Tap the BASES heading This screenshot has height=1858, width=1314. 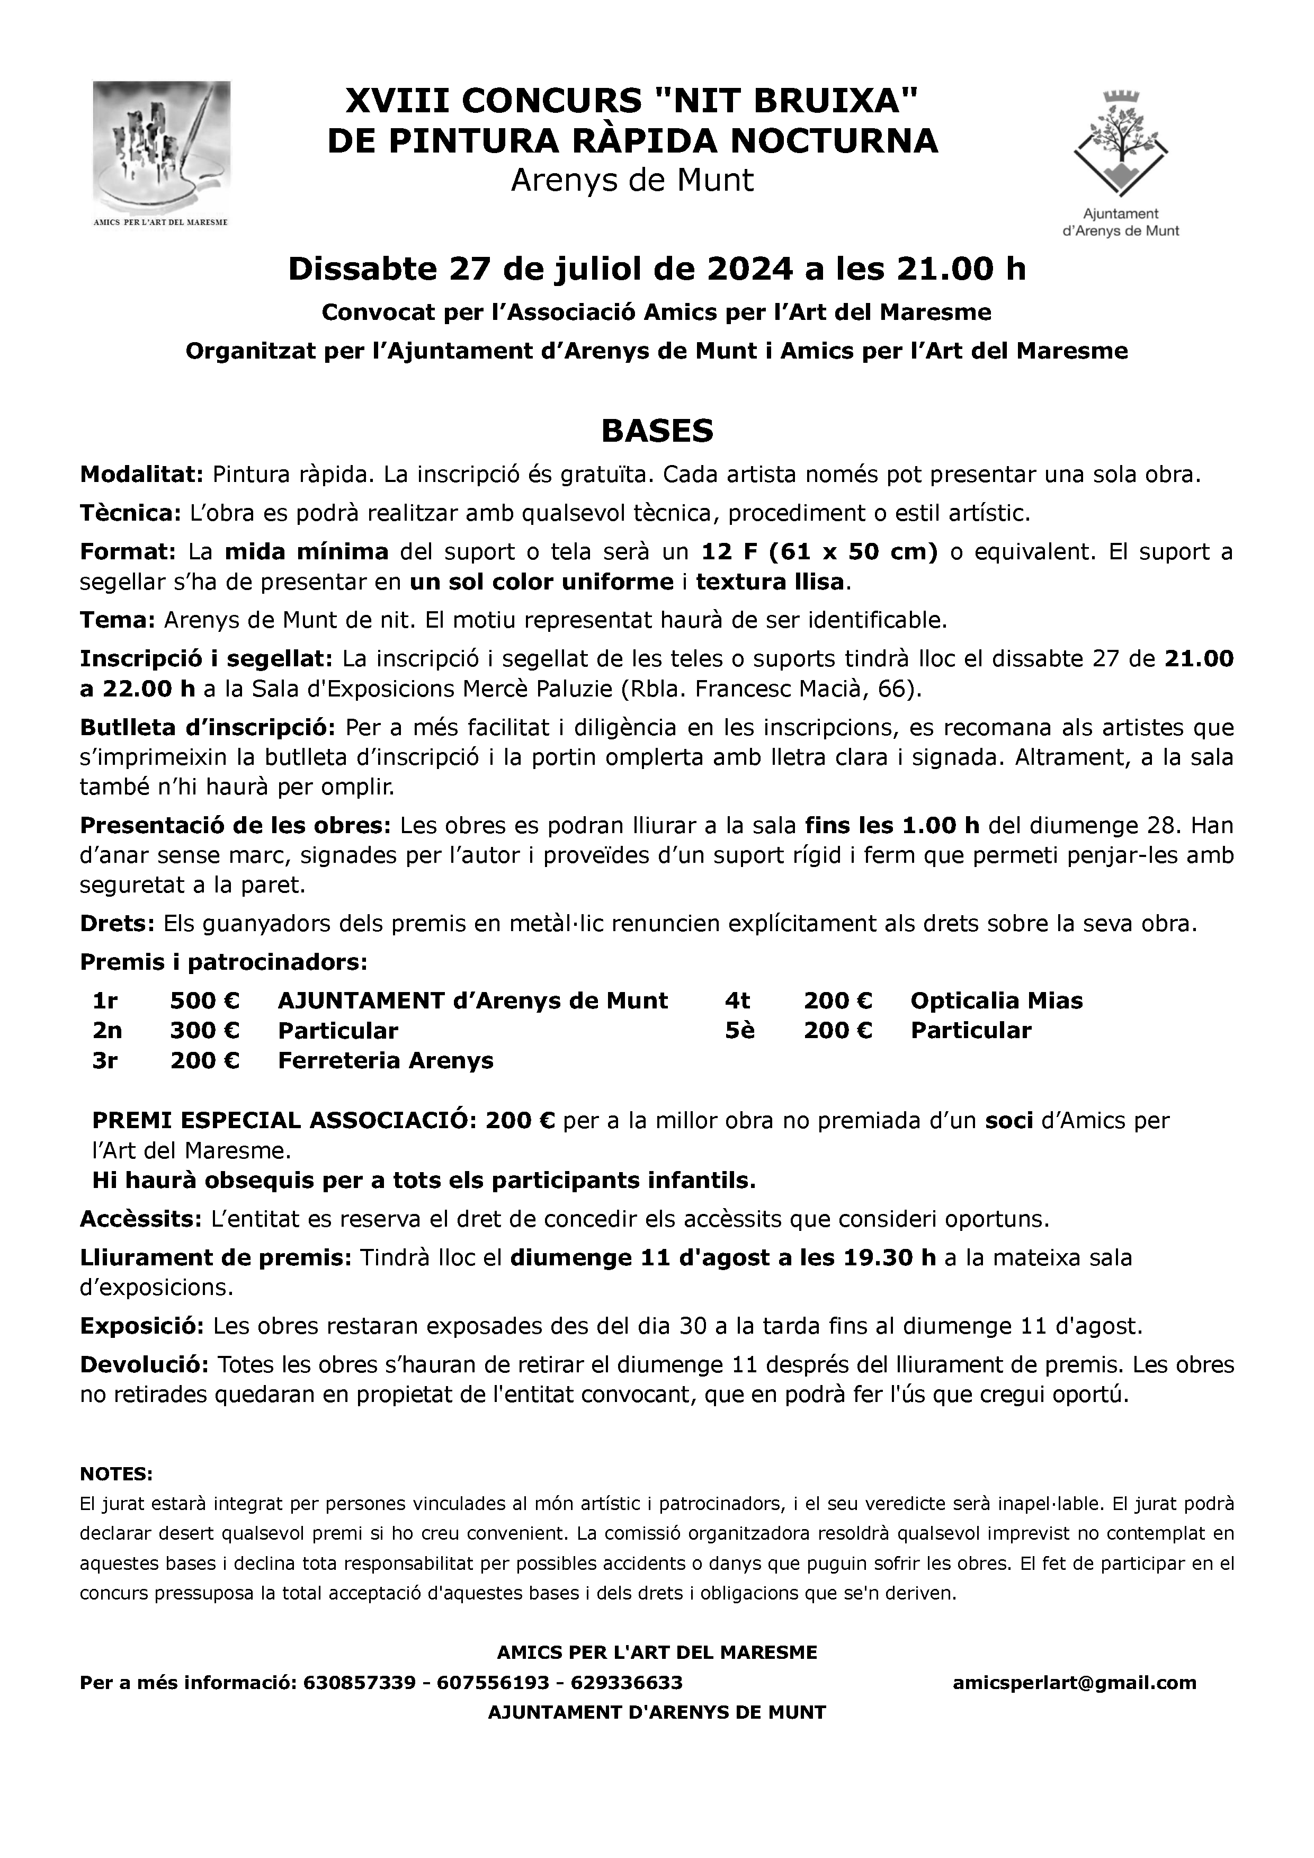656,431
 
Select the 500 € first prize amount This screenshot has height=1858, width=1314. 205,1001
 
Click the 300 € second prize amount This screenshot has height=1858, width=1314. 205,1031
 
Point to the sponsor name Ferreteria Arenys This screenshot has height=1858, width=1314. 385,1061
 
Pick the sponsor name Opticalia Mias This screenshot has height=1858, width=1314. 996,1001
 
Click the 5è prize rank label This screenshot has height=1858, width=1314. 739,1031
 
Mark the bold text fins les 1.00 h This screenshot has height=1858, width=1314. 892,825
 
